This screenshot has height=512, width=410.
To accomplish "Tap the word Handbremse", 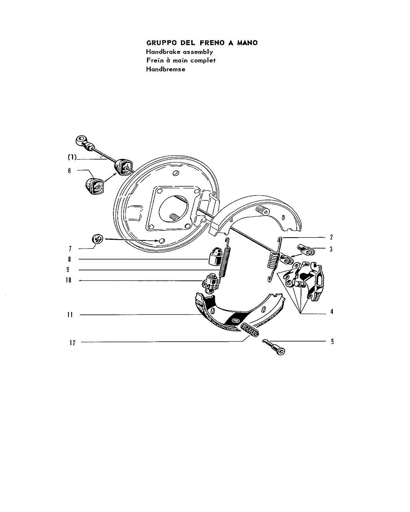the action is point(166,69).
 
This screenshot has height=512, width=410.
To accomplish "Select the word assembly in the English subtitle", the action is point(198,52).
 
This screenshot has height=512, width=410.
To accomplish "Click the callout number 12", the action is point(72,343).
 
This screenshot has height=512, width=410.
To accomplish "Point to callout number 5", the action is point(332,342).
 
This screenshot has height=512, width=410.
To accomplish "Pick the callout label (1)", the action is point(72,157).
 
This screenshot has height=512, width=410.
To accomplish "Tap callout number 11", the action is point(70,315).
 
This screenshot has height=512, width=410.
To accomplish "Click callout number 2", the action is point(332,237).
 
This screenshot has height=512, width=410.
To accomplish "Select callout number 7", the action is point(70,249).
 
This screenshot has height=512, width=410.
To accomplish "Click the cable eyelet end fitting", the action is point(82,140).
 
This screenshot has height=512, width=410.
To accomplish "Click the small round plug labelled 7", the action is point(97,239).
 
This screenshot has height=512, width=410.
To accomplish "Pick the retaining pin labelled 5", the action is point(274,347).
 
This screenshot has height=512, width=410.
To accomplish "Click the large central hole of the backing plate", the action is point(173,209).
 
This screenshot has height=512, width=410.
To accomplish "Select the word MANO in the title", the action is point(247,43).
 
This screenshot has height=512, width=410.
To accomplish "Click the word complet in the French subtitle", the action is point(203,61).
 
